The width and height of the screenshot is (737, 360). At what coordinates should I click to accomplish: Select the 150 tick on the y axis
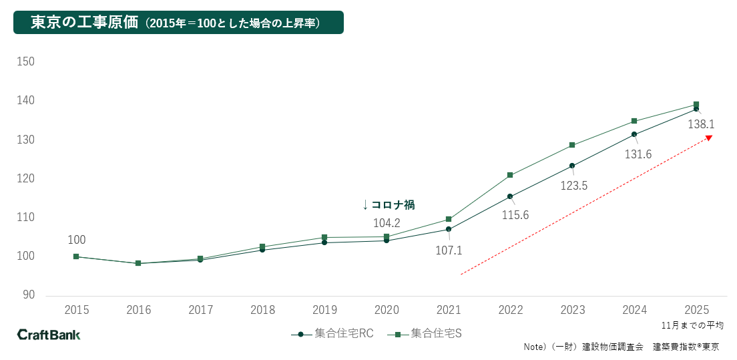[26, 61]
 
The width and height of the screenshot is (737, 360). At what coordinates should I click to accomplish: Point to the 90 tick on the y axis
[29, 295]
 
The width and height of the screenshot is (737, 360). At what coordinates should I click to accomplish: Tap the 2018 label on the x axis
[262, 310]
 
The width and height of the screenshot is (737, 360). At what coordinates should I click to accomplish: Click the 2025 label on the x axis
[696, 310]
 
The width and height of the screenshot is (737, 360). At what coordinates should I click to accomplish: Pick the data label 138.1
[701, 124]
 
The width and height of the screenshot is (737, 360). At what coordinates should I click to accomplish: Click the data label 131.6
[639, 154]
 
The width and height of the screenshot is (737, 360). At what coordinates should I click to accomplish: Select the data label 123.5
[574, 186]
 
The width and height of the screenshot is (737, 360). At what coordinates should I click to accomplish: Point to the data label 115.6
[515, 215]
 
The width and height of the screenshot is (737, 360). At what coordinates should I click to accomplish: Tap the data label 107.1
[449, 251]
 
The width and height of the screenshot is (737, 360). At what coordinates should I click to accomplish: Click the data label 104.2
[387, 223]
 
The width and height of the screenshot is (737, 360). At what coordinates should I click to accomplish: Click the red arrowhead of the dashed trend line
[709, 138]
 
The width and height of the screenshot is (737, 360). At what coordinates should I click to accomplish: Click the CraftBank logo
[48, 334]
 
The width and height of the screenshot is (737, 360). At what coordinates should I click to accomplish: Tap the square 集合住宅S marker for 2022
[510, 175]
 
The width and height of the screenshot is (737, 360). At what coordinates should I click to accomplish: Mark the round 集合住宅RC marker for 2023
[572, 166]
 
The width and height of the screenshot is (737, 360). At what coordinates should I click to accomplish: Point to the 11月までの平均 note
[693, 325]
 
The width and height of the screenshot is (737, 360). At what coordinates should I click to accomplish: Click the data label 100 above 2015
[77, 240]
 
